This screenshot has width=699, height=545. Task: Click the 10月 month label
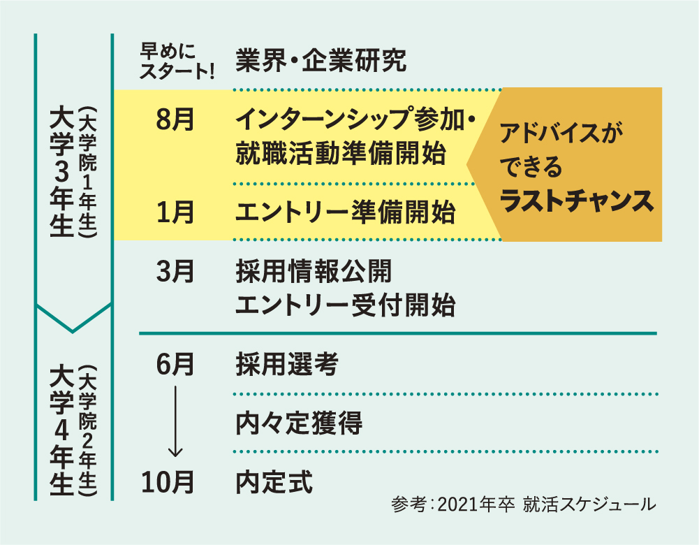(x=168, y=481)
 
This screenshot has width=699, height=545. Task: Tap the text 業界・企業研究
(x=321, y=61)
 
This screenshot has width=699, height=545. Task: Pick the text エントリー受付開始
(x=345, y=305)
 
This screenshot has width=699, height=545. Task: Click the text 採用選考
(x=287, y=364)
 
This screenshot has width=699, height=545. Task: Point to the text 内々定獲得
(x=300, y=423)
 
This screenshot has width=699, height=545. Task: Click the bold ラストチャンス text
(x=577, y=201)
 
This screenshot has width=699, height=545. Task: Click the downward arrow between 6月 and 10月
(x=175, y=419)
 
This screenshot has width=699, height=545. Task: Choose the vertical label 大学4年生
(x=62, y=430)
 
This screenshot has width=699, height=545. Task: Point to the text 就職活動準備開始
(x=340, y=154)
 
